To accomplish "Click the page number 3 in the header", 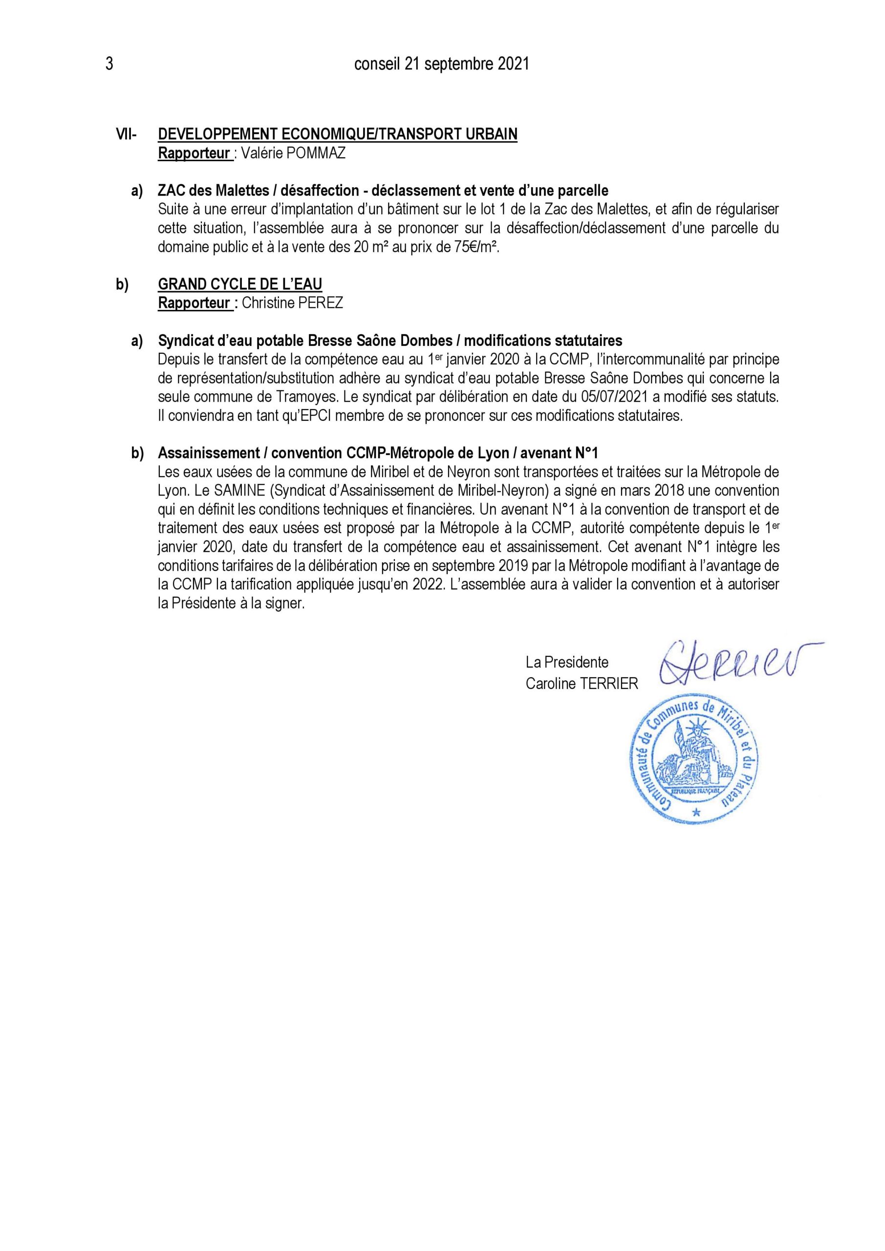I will [x=109, y=65].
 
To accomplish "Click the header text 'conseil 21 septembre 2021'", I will [x=441, y=65].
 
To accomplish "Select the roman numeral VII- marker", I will [x=127, y=134].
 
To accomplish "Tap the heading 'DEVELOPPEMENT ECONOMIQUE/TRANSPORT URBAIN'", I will [x=337, y=134].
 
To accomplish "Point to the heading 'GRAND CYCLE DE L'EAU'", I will [x=240, y=284].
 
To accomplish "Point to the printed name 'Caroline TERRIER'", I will [x=582, y=684].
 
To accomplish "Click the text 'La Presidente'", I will [x=567, y=663].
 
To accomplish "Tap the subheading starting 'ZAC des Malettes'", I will [x=383, y=191].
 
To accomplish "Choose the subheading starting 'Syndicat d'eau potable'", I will [x=389, y=341].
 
